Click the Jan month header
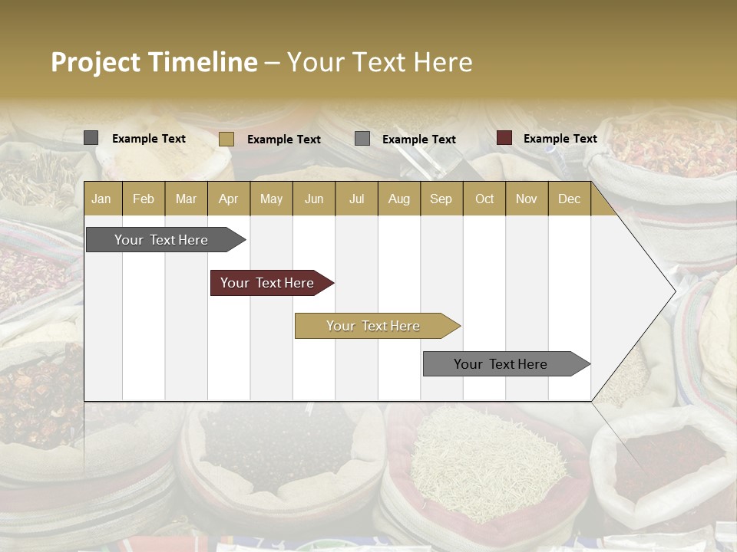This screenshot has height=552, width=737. click(101, 199)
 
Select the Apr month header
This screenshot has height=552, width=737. click(228, 199)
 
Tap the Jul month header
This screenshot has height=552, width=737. click(356, 199)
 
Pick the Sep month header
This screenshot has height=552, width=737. click(441, 199)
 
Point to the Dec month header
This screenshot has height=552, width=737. click(569, 199)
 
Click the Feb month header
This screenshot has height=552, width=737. click(144, 199)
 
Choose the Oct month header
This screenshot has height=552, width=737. click(484, 199)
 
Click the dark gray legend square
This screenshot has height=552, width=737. click(91, 138)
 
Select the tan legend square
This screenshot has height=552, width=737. click(226, 139)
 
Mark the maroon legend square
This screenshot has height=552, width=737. click(504, 138)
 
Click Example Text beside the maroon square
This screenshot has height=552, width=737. click(560, 139)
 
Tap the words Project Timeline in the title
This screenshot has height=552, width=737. click(154, 62)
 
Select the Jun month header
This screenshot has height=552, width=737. click(314, 199)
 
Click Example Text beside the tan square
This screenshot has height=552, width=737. click(283, 140)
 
